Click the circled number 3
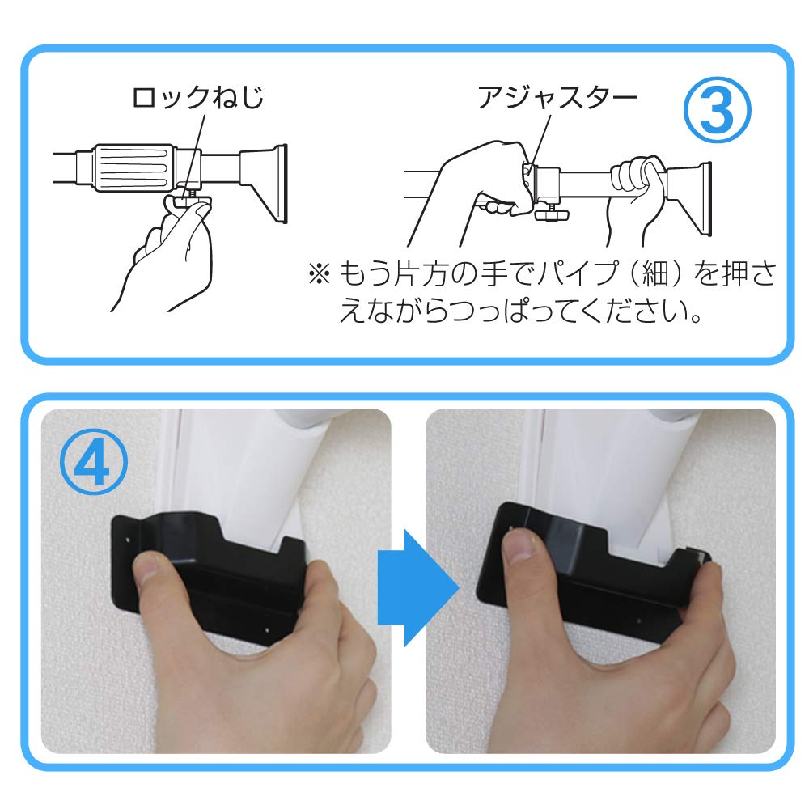pos(717,110)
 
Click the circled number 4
pos(93,462)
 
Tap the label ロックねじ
pos(197,97)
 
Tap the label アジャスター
pos(557,97)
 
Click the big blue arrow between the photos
pos(418,587)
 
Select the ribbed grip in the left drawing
pos(133,167)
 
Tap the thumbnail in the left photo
pos(150,568)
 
